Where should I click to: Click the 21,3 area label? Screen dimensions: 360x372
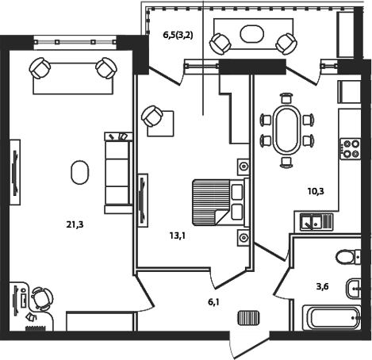click(x=75, y=224)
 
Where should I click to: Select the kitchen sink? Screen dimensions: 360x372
click(x=314, y=222)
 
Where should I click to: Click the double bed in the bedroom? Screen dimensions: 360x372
click(x=217, y=200)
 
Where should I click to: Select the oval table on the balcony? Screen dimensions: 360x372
click(x=253, y=34)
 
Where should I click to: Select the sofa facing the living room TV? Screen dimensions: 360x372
click(x=117, y=172)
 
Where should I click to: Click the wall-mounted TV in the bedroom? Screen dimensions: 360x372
click(x=142, y=198)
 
